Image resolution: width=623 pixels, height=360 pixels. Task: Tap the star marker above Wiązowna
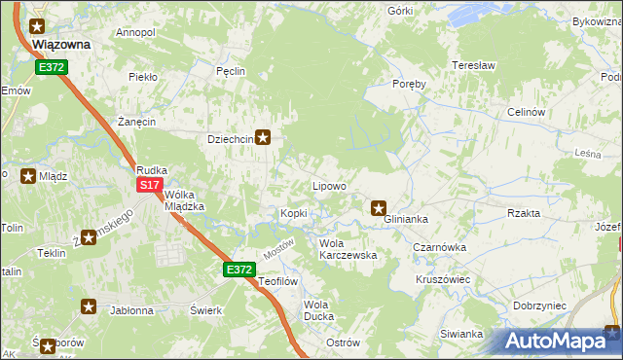click(38, 28)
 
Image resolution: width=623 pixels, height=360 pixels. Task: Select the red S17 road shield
click(149, 185)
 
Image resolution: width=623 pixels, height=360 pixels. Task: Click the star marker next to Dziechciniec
click(263, 138)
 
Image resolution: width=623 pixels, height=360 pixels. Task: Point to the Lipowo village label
click(329, 186)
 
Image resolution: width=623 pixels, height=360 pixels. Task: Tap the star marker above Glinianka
click(380, 206)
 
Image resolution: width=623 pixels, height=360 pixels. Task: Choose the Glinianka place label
click(406, 220)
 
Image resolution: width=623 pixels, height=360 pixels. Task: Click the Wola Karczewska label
click(348, 249)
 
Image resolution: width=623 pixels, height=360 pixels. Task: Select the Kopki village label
click(294, 214)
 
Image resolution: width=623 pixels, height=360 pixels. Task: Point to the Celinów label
click(525, 112)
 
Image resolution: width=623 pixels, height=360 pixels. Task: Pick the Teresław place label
click(474, 65)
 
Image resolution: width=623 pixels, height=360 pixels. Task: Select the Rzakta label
click(524, 213)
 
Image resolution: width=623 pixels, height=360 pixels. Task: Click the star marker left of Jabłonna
click(89, 307)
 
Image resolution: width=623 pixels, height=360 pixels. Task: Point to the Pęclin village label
click(231, 71)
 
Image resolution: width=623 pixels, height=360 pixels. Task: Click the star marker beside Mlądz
click(28, 177)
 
